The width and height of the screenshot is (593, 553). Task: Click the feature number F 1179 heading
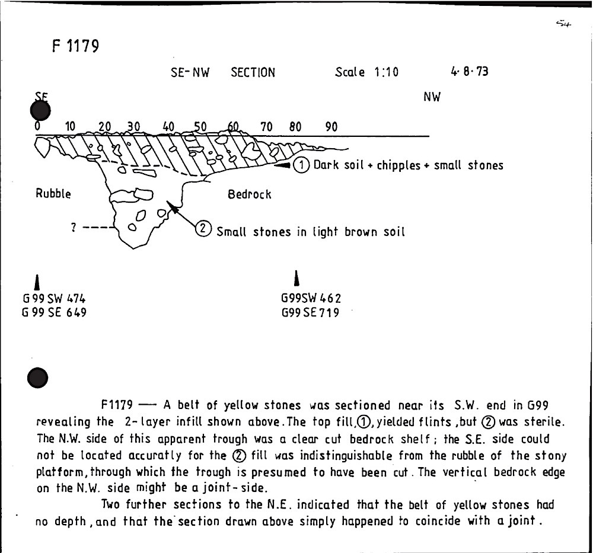point(76,46)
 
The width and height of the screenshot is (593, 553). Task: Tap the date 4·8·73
point(469,72)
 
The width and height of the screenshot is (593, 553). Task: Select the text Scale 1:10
point(366,72)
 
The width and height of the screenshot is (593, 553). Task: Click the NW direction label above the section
point(432,97)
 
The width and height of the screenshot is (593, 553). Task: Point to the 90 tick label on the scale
point(331,127)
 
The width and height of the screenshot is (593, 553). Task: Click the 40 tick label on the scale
point(168,127)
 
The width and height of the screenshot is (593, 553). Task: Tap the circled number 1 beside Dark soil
point(301,165)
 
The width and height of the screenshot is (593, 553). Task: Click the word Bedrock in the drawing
point(249,194)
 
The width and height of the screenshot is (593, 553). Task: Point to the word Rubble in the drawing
point(53,194)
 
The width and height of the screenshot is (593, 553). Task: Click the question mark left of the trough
point(74,227)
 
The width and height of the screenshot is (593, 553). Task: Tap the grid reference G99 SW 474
point(54,299)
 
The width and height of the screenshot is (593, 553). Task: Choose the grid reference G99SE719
point(310,312)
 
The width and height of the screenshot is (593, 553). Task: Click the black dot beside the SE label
point(40,110)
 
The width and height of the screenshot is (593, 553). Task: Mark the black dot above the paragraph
point(38,378)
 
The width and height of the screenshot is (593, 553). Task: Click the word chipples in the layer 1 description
point(398,165)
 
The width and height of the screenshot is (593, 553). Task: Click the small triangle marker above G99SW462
point(297,279)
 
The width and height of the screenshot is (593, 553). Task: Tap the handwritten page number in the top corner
point(563,24)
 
